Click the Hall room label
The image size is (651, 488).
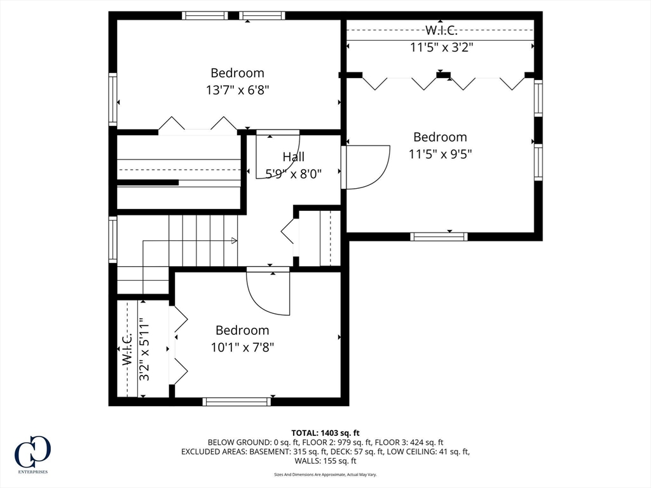293,156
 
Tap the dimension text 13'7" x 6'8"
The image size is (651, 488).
237,90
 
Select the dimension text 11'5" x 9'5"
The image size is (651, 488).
440,154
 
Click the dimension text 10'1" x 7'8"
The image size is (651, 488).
242,347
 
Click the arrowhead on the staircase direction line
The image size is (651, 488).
235,241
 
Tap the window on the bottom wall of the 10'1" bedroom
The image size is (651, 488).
236,402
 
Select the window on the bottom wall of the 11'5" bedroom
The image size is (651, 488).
439,236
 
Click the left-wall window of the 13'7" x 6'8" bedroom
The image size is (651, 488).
113,99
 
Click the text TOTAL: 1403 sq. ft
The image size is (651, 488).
325,433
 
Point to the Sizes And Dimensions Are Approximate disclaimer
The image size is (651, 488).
325,475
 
